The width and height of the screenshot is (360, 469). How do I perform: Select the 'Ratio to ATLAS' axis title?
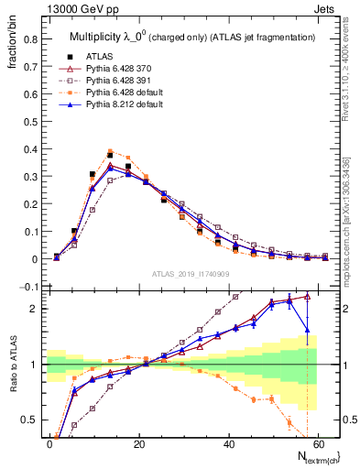coord(12,365)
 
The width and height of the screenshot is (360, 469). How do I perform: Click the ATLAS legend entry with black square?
coord(99,56)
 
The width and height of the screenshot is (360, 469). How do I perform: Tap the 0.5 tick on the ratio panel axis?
coord(30,420)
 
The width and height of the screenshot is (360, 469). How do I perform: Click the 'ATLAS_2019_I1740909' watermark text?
coord(191,274)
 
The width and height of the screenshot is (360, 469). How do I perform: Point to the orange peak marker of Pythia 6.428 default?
coord(110,151)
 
